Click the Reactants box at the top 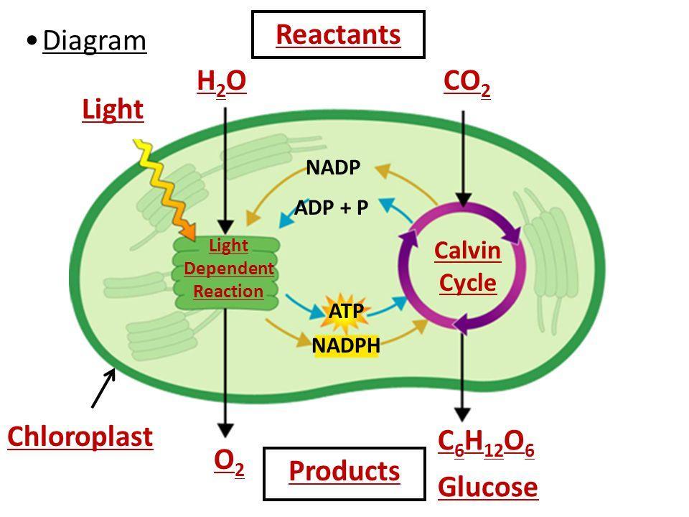pos(338,34)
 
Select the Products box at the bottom pos(344,472)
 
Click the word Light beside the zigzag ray pos(113,110)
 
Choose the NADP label pos(332,168)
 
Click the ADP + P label pos(332,208)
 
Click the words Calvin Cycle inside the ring pos(467,267)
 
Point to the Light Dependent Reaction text pos(228,269)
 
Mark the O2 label pos(228,464)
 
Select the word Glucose pos(487,488)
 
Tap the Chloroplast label pos(80,437)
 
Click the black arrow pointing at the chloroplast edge pos(103,388)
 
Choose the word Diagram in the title pos(94,41)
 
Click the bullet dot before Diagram pos(31,40)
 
